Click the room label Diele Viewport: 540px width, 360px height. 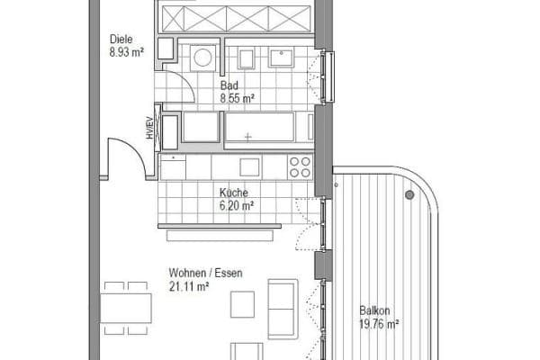pos(121,39)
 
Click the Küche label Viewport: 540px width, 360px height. pos(234,193)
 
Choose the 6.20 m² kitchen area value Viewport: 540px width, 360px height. pos(237,205)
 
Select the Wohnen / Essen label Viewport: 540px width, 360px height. pos(205,273)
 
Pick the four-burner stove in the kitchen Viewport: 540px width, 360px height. pos(300,166)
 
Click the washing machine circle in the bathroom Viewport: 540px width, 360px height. pos(203,58)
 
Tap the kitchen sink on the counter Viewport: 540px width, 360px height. pos(249,166)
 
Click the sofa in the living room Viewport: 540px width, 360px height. pos(283,308)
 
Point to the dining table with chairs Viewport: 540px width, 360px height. pos(124,308)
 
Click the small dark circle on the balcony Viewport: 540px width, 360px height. pos(409,194)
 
